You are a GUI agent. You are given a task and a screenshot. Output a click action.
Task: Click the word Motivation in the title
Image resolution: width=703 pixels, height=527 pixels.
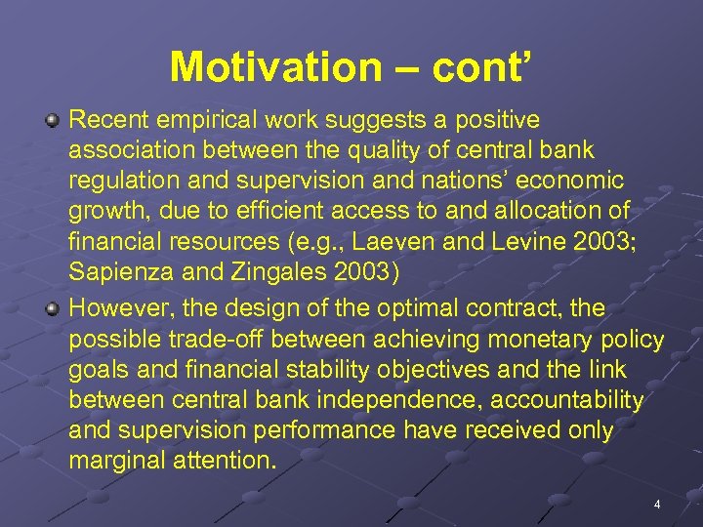pyautogui.click(x=264, y=67)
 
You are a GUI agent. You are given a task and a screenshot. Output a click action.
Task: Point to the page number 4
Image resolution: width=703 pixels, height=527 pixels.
pyautogui.click(x=657, y=505)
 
